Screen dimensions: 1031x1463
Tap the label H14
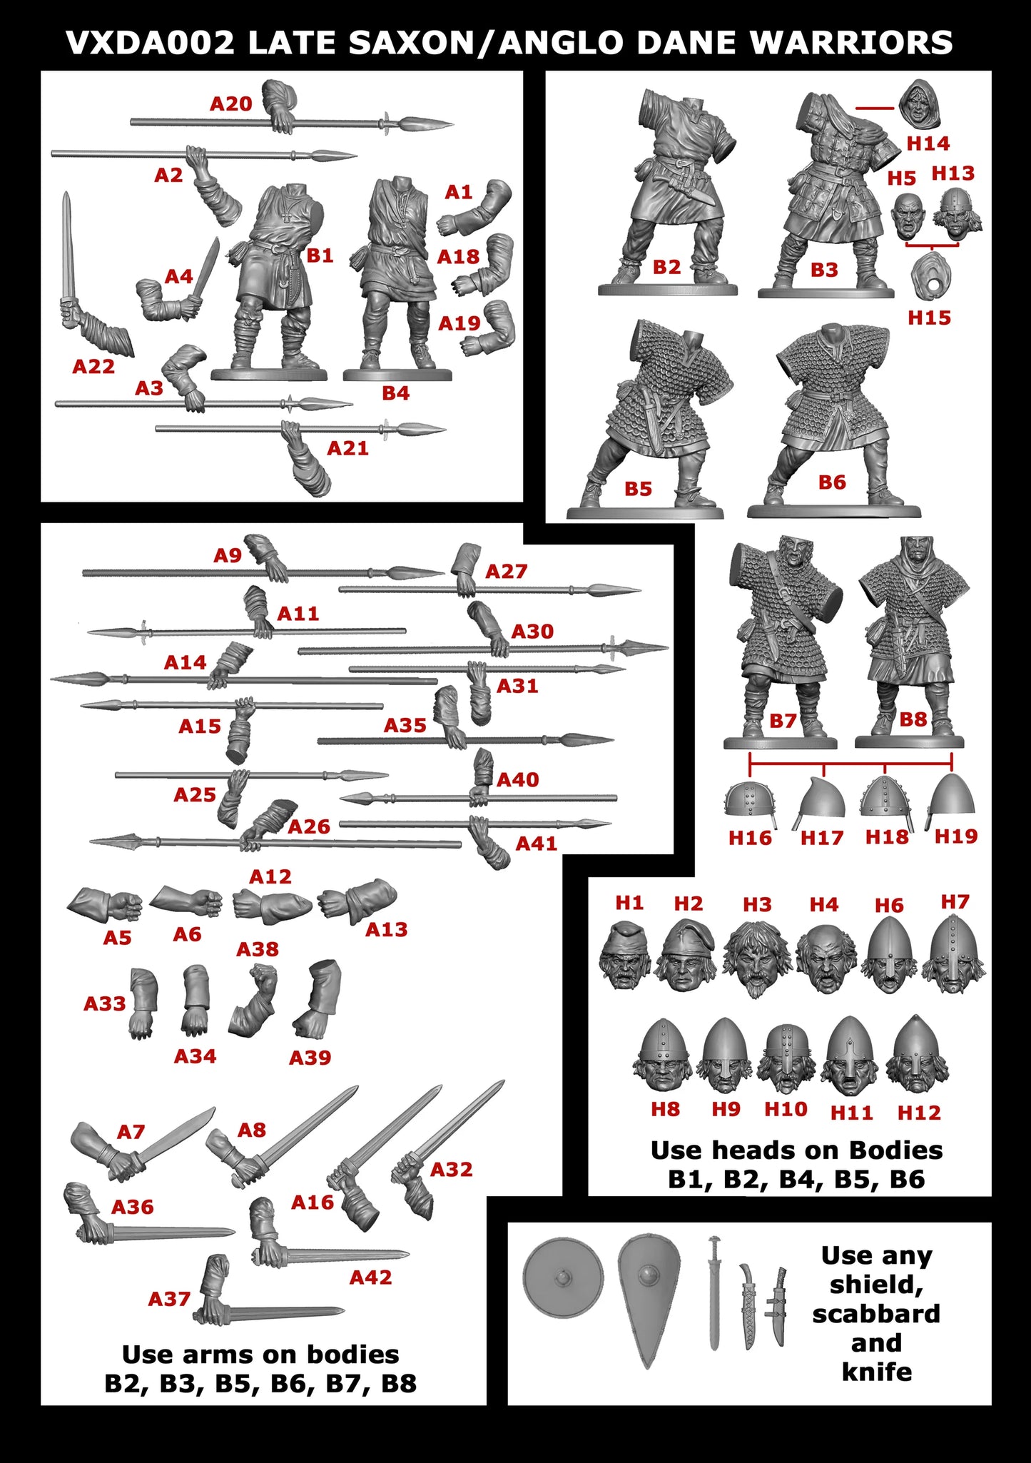928,143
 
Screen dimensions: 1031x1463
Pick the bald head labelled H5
909,216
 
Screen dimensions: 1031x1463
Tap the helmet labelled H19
952,796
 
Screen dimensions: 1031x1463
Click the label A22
93,367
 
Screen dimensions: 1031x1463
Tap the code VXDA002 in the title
150,43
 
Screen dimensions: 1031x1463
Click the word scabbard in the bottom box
876,1313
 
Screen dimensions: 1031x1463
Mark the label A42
370,1277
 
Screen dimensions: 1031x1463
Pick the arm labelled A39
317,999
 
